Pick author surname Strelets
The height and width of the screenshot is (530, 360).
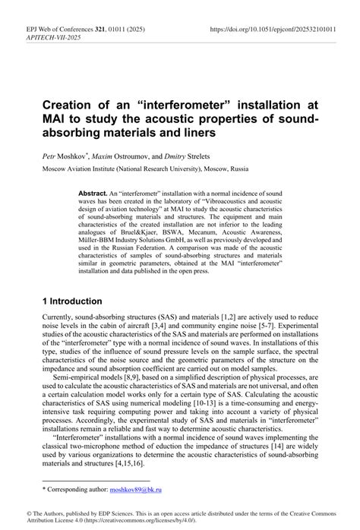202,154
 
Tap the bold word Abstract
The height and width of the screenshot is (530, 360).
92,194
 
